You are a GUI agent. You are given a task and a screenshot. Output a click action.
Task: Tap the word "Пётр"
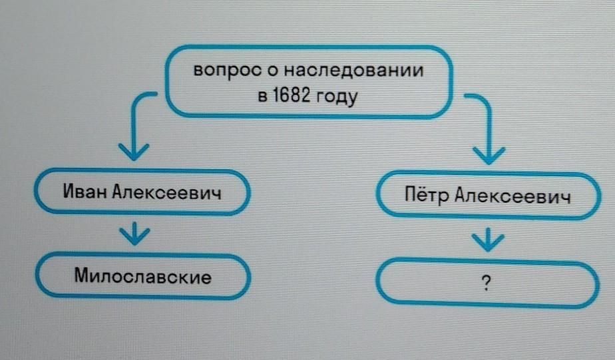427,196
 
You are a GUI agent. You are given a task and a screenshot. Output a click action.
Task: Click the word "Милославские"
143,275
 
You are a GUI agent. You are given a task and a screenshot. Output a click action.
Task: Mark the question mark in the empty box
489,285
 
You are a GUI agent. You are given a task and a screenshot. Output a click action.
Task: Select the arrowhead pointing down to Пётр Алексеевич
491,156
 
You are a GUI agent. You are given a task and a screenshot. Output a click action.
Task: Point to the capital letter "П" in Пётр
410,196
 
